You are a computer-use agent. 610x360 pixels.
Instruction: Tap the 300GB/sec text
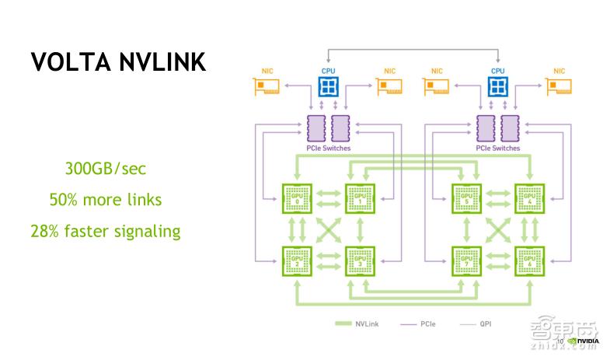pyautogui.click(x=106, y=169)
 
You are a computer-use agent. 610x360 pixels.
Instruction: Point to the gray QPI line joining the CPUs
pyautogui.click(x=413, y=50)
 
